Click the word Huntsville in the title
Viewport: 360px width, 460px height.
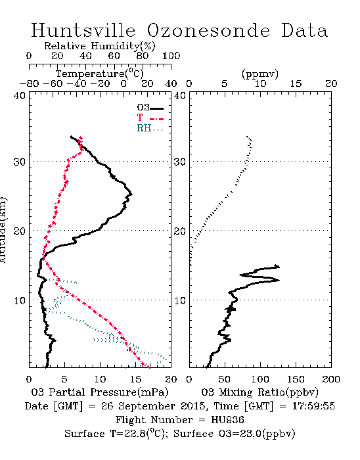coord(83,30)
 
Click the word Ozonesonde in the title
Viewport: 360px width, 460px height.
coord(208,30)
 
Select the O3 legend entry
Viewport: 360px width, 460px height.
coord(150,108)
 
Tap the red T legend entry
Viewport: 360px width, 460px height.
coord(150,118)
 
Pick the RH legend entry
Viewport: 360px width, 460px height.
coord(150,128)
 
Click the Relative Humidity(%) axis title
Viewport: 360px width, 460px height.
coord(100,46)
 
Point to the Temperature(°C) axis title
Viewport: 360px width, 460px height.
coord(100,74)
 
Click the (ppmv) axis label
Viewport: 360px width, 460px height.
coord(260,74)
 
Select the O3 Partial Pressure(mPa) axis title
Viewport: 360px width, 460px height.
coord(100,392)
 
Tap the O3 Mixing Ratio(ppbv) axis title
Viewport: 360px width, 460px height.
coord(259,392)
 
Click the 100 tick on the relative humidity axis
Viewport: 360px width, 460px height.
coord(171,56)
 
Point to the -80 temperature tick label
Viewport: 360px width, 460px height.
coord(29,83)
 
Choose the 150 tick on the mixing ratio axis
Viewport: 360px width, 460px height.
coord(296,379)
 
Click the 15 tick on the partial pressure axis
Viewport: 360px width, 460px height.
coord(135,379)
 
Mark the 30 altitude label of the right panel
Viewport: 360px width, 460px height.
coord(180,162)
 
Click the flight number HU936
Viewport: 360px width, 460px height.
coord(227,420)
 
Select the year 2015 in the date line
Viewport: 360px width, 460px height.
coord(192,406)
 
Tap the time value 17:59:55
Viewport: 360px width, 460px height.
coord(313,406)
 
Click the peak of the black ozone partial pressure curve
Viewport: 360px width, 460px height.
coord(131,194)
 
